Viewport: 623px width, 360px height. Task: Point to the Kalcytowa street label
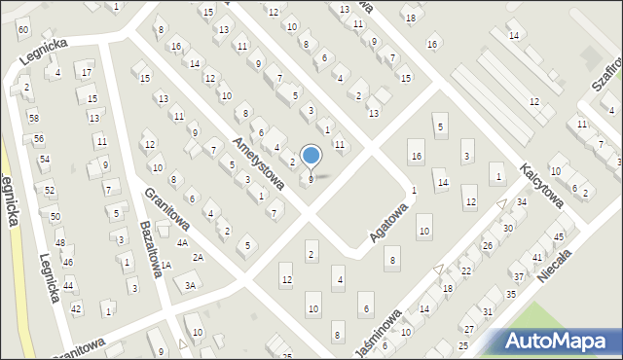542,184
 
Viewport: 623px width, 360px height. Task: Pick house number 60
22,29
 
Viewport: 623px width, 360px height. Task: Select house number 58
34,118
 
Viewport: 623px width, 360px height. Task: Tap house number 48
60,242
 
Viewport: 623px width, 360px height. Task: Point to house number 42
76,308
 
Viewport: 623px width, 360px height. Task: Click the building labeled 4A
182,242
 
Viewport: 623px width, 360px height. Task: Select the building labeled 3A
191,285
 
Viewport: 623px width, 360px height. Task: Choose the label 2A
198,257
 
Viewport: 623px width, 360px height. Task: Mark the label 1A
166,265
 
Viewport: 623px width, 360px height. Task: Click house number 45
559,236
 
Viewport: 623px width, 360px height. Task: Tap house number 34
522,201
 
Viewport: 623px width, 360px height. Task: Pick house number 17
87,72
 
